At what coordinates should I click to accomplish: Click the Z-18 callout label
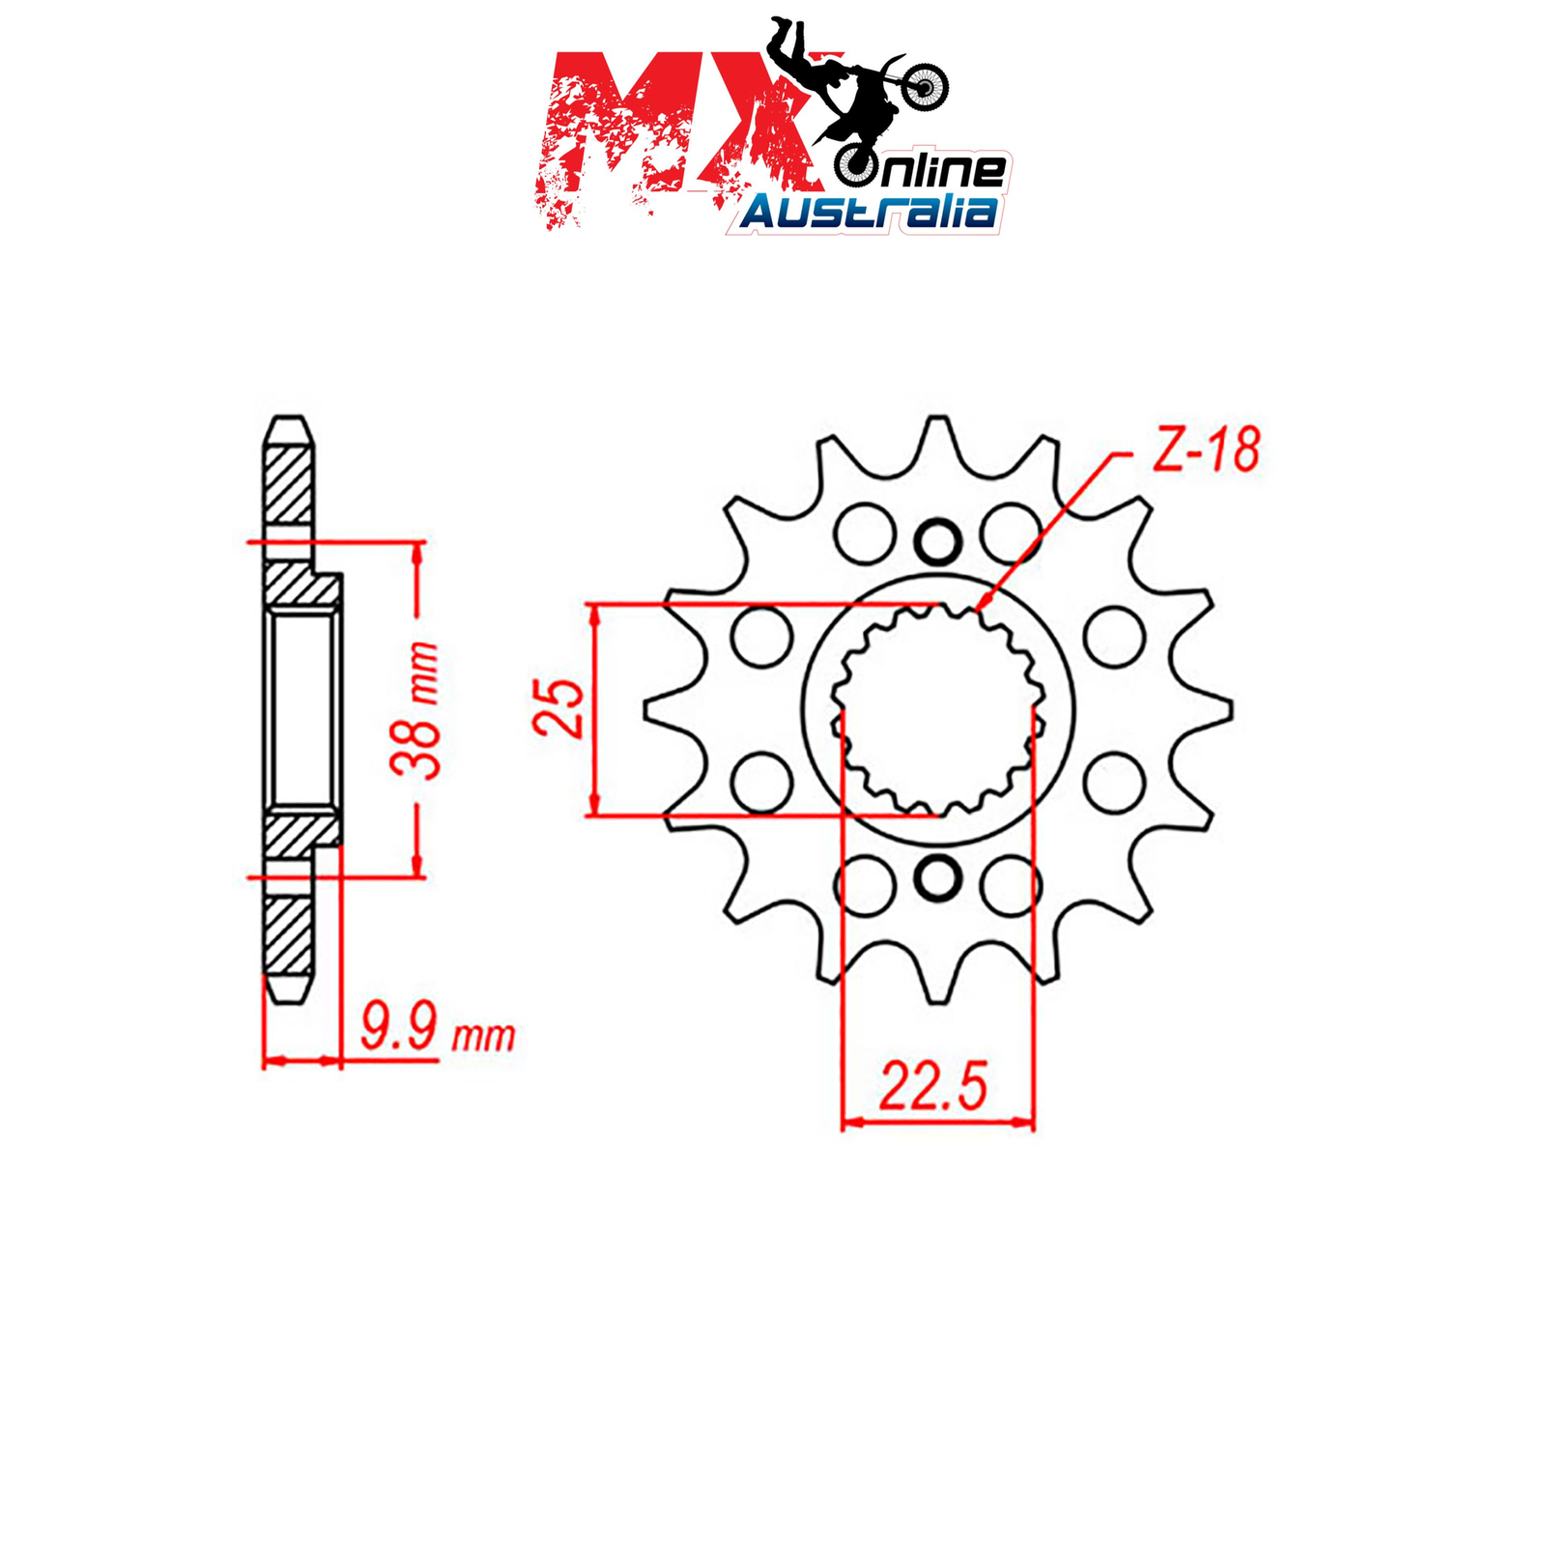coord(1207,450)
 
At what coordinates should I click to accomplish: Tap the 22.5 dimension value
coord(933,1085)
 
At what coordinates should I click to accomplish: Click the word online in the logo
coord(924,171)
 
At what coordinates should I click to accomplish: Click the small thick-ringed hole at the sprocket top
coord(937,541)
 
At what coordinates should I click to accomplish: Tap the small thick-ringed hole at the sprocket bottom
coord(937,878)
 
